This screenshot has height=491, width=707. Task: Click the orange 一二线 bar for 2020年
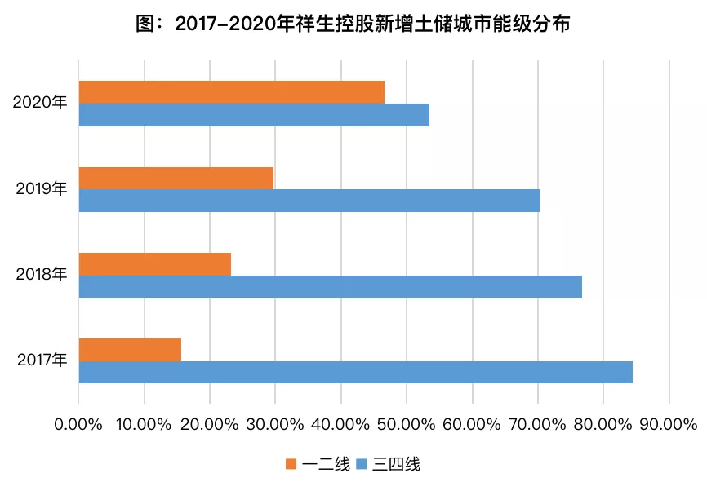pos(232,92)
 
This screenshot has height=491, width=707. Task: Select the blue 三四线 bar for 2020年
pos(254,115)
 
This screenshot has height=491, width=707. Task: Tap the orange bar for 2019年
pos(176,179)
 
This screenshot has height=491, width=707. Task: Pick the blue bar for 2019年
pos(309,201)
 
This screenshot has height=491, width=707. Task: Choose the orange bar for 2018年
pos(155,264)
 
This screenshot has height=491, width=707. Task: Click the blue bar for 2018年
pos(331,286)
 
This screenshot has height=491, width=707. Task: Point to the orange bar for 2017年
pos(131,350)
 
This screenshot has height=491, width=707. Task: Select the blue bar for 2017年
pos(356,372)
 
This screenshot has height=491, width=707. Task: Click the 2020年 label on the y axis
pos(40,102)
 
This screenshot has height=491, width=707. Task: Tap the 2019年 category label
pos(42,188)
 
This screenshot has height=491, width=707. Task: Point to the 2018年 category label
pos(42,274)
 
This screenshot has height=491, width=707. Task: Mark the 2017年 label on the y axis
pos(42,360)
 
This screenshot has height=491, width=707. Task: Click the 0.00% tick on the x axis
pos(78,424)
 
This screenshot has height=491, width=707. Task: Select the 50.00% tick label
pos(406,424)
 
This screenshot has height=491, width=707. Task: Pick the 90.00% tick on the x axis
pos(669,424)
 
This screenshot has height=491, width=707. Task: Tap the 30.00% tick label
pos(274,424)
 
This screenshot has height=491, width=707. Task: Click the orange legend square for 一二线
pos(291,464)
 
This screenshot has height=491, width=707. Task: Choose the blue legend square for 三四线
pos(362,464)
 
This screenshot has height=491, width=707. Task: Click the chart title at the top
pos(353,24)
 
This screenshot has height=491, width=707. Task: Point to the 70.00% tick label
pos(537,424)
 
